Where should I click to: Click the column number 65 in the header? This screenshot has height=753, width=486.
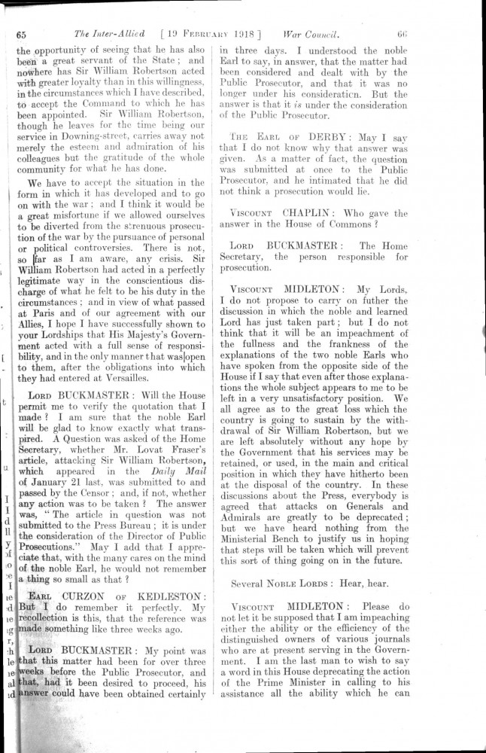[x=21, y=35]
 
